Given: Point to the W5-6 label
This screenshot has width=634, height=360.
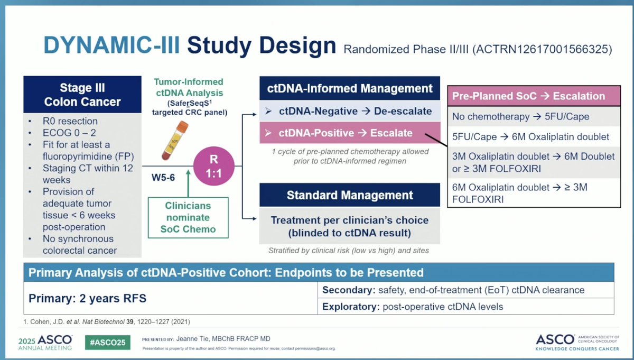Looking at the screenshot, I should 163,179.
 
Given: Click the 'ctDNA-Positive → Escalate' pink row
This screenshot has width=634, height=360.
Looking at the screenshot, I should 350,133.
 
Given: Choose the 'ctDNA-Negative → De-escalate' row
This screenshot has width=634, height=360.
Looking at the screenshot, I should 350,111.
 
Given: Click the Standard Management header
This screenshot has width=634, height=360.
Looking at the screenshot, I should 350,195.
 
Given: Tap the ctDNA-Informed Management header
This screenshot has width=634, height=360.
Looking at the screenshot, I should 350,88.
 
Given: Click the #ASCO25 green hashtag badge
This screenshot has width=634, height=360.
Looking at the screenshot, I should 108,342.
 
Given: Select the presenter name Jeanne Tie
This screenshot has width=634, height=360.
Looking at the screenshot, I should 200,338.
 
